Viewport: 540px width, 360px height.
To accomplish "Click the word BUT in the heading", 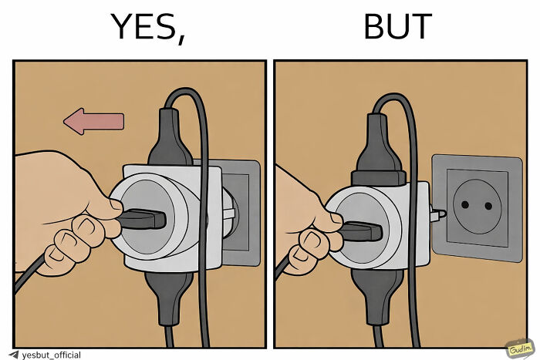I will [397, 27].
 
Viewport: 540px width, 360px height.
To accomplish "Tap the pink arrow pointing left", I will [93, 121].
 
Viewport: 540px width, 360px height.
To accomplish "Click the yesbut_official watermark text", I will [50, 355].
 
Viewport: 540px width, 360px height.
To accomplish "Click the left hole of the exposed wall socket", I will [465, 204].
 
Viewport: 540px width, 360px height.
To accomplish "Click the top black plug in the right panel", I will [376, 143].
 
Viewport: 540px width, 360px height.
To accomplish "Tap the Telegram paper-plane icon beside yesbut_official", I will [13, 355].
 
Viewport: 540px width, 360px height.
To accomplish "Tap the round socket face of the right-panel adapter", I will [363, 212].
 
